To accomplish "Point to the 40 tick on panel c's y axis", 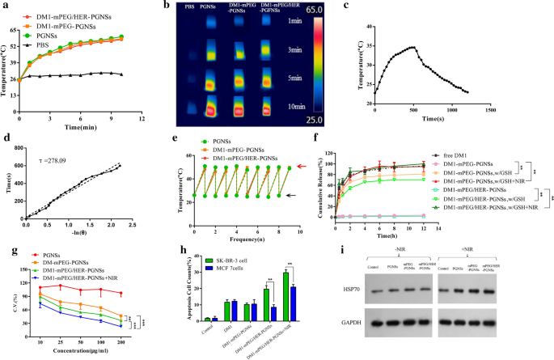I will [366, 27].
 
